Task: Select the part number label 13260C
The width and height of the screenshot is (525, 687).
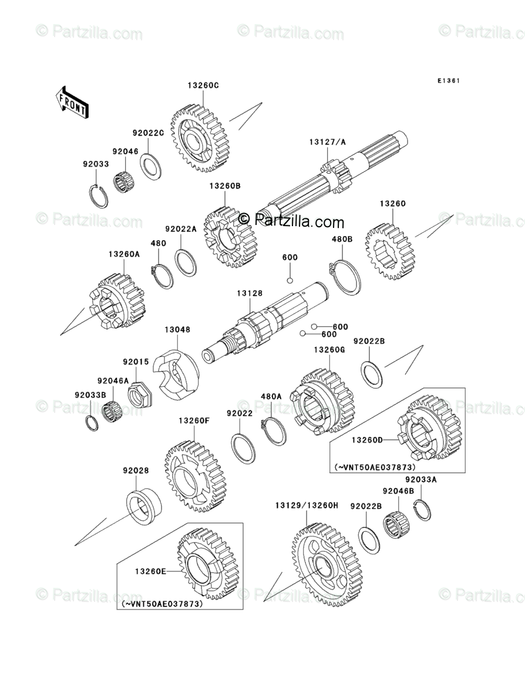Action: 203,85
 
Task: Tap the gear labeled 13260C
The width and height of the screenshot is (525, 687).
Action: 200,139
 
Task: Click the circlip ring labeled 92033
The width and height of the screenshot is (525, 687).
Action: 99,195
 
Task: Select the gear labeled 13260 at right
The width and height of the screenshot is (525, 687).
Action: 390,251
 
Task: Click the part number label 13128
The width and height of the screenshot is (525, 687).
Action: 250,293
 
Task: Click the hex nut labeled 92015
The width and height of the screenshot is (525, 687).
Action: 139,395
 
